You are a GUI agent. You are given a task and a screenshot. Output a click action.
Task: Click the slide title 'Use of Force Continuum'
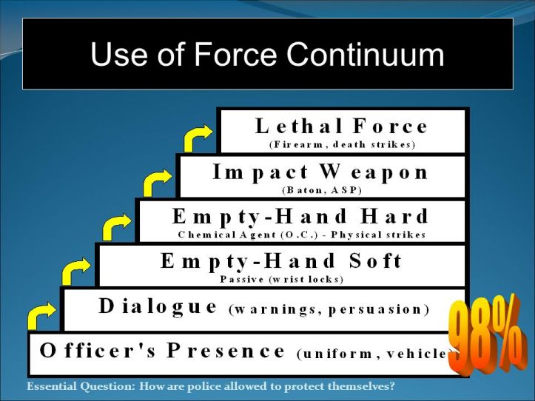[x=267, y=55]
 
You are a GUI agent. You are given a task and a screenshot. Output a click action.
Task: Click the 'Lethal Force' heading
[x=342, y=127]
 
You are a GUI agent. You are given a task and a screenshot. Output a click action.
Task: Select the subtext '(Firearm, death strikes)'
[x=342, y=144]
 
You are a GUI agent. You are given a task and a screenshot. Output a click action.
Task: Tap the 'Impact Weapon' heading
[x=320, y=172]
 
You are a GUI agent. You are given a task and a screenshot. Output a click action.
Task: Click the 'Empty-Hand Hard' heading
[x=300, y=217]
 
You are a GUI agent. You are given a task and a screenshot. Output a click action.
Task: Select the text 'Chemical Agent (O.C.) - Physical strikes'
[x=302, y=235]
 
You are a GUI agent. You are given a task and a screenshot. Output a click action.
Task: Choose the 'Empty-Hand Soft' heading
[x=282, y=261]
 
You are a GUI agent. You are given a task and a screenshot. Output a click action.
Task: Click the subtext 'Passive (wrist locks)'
[x=282, y=279]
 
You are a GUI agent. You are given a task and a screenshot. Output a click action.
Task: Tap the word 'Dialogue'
[x=158, y=306]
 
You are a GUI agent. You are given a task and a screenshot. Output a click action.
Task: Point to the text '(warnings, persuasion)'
[x=329, y=309]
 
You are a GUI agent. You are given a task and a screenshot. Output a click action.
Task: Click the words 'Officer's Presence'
[x=163, y=351]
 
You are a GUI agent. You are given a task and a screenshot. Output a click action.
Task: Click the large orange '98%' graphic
[x=485, y=337]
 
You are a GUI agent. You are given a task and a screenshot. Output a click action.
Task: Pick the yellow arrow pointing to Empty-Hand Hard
[x=116, y=226]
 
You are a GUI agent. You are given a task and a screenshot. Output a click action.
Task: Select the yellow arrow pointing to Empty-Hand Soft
[x=76, y=271]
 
